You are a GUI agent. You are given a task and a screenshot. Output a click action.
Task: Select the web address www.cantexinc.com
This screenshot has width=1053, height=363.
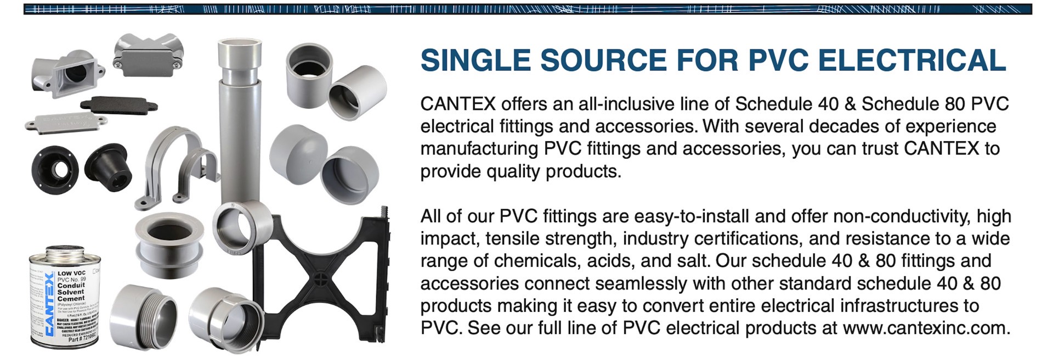click(x=925, y=328)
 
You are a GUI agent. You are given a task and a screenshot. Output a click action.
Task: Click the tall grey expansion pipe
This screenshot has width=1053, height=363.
click(x=237, y=121)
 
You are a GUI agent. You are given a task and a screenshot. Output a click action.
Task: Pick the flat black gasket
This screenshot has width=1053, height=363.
click(x=118, y=104)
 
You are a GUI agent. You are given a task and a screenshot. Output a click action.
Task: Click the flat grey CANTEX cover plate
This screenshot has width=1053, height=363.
click(x=60, y=121)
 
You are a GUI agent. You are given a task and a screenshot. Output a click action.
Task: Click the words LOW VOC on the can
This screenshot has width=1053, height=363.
click(x=71, y=273)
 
